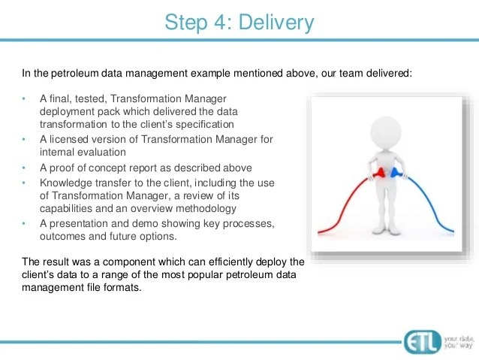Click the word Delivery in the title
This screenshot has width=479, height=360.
[x=276, y=23]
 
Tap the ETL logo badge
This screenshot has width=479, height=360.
[x=423, y=342]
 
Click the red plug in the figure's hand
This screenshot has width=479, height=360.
[x=380, y=173]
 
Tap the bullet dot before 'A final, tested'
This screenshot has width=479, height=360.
[x=24, y=98]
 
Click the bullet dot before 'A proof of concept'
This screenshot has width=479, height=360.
[x=24, y=168]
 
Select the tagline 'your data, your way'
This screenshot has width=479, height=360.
[x=459, y=342]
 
